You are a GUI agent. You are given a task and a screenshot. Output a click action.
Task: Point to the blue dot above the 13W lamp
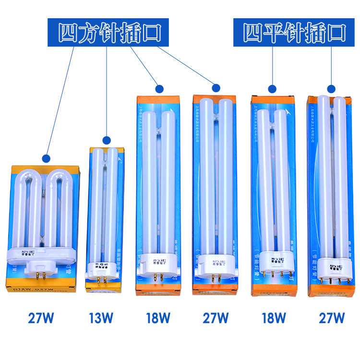107,140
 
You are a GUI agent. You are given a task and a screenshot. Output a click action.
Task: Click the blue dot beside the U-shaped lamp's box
46,158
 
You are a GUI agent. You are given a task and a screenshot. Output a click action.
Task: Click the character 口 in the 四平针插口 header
337,33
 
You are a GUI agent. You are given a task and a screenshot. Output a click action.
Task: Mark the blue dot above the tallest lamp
331,88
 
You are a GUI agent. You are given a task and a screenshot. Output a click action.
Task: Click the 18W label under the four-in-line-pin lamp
274,318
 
